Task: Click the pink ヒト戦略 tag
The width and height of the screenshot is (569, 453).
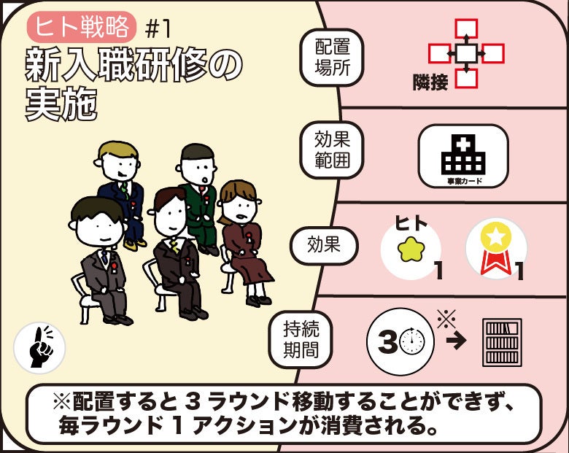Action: pyautogui.click(x=81, y=27)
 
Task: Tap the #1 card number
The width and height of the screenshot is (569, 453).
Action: pyautogui.click(x=157, y=29)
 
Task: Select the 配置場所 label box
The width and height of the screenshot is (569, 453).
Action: pyautogui.click(x=332, y=58)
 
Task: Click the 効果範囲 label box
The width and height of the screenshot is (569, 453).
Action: pyautogui.click(x=332, y=150)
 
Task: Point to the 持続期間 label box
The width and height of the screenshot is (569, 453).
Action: pyautogui.click(x=301, y=339)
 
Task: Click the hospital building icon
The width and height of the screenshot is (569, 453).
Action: pyautogui.click(x=463, y=154)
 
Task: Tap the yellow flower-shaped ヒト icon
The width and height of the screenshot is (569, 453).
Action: pyautogui.click(x=411, y=249)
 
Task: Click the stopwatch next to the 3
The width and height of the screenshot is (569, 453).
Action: pyautogui.click(x=412, y=341)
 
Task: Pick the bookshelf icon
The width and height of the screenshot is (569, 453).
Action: pyautogui.click(x=502, y=342)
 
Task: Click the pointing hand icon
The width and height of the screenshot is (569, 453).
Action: pyautogui.click(x=39, y=348)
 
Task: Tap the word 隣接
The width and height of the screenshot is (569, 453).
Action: pyautogui.click(x=430, y=82)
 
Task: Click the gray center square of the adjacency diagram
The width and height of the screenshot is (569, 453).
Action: pyautogui.click(x=466, y=54)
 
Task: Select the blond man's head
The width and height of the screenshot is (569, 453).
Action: pyautogui.click(x=118, y=162)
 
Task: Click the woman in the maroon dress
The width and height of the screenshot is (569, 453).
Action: pyautogui.click(x=243, y=243)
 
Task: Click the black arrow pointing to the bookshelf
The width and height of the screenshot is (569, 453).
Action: pyautogui.click(x=456, y=340)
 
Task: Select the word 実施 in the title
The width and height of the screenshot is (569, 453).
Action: pyautogui.click(x=62, y=104)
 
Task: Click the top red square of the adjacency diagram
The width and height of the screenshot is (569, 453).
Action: pyautogui.click(x=466, y=28)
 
